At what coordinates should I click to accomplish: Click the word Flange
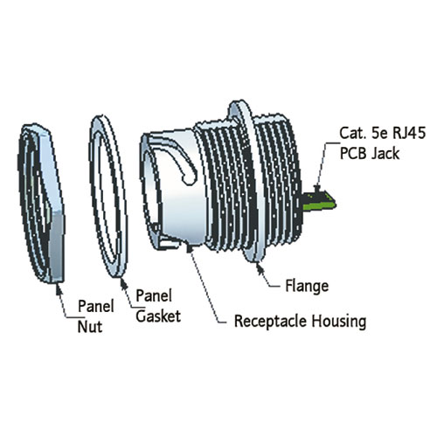(307, 287)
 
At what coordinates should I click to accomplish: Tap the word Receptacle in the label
(271, 321)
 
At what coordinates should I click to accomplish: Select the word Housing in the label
(339, 322)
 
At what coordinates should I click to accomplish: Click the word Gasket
(158, 316)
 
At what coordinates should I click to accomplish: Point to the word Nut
(90, 327)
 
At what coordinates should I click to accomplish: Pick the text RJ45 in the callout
(409, 133)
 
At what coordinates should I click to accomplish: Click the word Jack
(385, 154)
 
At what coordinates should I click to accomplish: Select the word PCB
(353, 154)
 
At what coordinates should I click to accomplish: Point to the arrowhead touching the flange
(260, 268)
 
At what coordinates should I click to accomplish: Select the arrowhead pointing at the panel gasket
(124, 284)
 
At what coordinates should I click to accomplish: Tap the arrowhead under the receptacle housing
(190, 249)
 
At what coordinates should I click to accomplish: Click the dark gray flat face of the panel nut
(57, 247)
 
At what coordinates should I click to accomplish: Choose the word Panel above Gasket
(154, 296)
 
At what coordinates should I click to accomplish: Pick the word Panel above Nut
(96, 306)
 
